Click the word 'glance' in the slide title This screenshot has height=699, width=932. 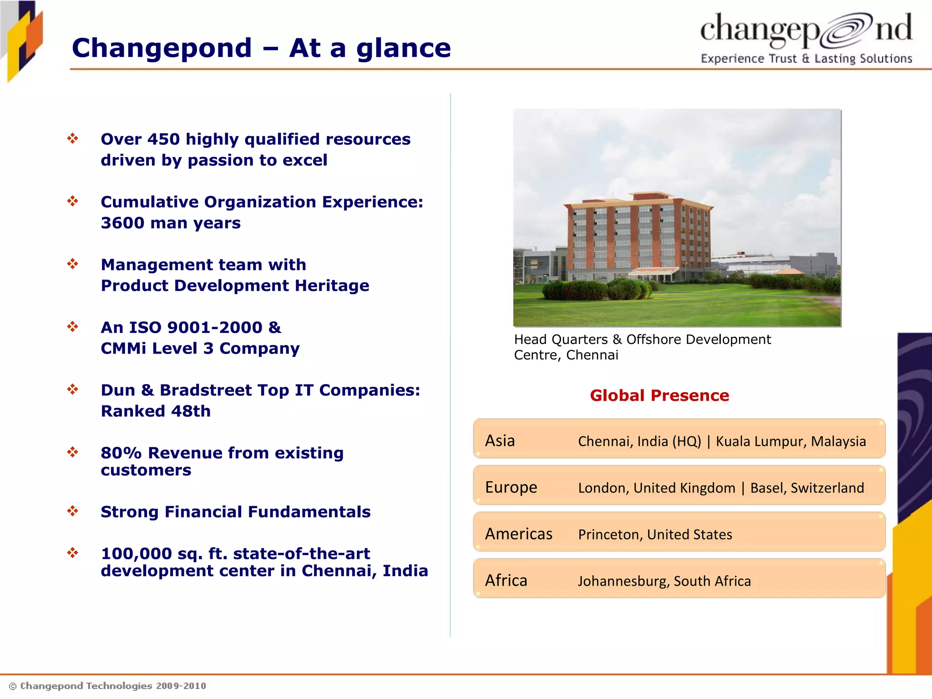point(403,48)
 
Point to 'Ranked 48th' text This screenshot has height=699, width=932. point(156,411)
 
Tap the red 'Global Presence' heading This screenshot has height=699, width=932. point(659,395)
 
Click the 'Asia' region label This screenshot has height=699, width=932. point(500,441)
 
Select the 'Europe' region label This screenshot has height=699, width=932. point(511,487)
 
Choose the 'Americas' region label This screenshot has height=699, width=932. point(518,534)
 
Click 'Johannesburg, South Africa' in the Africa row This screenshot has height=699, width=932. point(664,581)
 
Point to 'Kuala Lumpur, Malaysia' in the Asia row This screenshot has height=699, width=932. point(790,441)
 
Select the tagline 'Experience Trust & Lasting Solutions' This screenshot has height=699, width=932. point(806,59)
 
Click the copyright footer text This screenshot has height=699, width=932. point(108,686)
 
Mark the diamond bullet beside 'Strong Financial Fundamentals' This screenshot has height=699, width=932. point(73,511)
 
